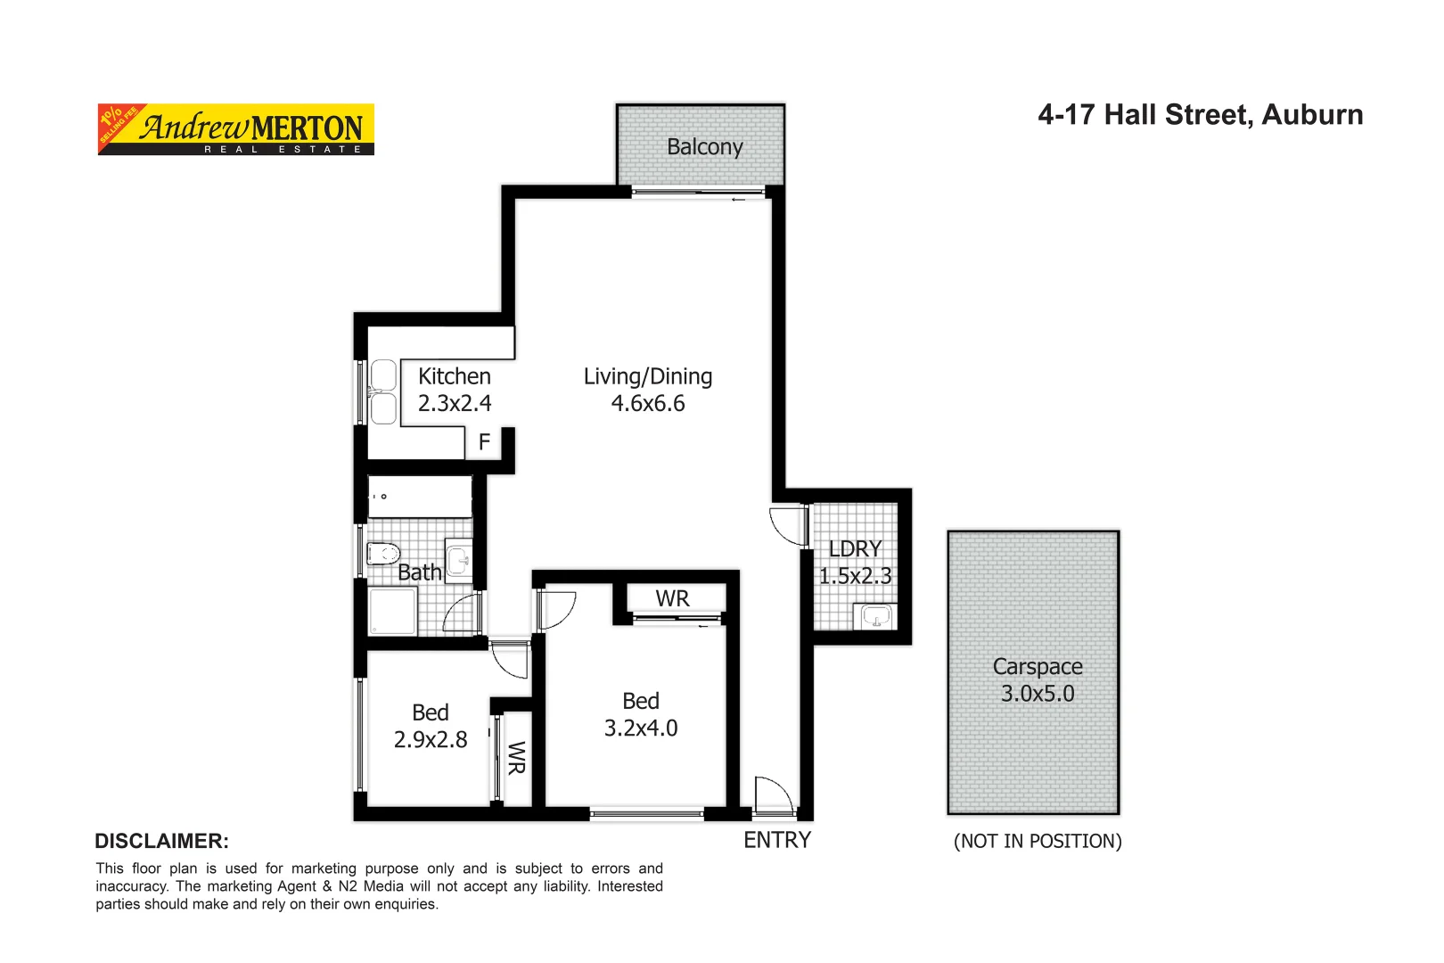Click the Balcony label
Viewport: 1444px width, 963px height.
point(704,147)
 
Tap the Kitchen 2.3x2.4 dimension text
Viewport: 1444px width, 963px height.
point(455,404)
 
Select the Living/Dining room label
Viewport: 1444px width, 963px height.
point(648,377)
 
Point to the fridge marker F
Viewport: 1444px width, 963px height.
point(485,442)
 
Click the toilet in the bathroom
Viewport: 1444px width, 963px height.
point(384,554)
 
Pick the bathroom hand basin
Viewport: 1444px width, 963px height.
point(459,561)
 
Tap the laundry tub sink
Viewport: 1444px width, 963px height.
point(875,616)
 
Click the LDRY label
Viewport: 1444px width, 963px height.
point(855,549)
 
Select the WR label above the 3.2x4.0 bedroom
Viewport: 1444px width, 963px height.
point(673,599)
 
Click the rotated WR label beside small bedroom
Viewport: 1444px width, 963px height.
point(516,758)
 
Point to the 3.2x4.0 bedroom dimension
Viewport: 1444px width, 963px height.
point(641,728)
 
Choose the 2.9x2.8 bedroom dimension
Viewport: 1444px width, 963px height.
point(431,740)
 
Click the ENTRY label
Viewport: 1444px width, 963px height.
point(777,840)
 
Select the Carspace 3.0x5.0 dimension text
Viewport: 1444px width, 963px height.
point(1038,694)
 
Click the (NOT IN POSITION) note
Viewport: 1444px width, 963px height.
point(1038,842)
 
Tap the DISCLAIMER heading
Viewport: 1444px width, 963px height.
point(161,841)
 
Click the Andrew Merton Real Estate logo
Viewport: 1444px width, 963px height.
point(236,129)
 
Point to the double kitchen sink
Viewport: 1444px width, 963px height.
point(383,392)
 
